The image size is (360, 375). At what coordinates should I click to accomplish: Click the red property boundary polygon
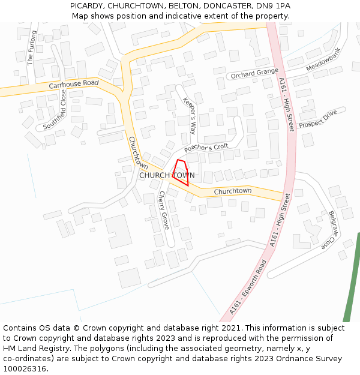pos(181,172)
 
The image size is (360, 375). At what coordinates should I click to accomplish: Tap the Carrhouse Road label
pos(73,85)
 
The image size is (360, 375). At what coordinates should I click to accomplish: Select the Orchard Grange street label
pos(254,73)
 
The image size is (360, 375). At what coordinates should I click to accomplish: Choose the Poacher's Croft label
pos(206,148)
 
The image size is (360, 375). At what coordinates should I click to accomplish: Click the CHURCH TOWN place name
pos(167,175)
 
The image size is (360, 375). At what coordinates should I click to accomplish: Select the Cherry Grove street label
pos(164,210)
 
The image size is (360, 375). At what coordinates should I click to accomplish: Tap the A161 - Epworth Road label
pos(247,287)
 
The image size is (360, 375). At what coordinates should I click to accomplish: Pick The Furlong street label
pos(32,47)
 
